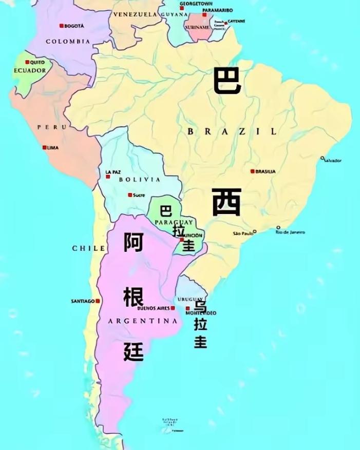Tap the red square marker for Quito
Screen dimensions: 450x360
(x=27, y=62)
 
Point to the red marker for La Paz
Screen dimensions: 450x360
(x=108, y=177)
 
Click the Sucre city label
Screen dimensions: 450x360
(x=139, y=195)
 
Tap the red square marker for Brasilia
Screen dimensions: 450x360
(x=252, y=171)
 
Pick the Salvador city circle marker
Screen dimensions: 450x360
(x=323, y=158)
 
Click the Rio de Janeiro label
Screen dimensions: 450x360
(x=291, y=232)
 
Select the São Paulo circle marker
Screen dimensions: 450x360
(x=255, y=232)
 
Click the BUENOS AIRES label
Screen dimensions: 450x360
(x=154, y=308)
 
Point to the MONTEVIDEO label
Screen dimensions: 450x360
(x=201, y=313)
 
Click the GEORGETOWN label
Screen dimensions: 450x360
(x=196, y=4)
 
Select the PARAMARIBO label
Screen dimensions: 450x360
(x=217, y=10)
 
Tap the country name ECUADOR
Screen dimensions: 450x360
(x=30, y=70)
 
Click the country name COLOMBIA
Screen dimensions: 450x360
(x=68, y=42)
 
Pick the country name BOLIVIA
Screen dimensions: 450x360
(x=140, y=180)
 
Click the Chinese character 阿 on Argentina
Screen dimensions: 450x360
(x=134, y=242)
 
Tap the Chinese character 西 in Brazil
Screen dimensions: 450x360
(x=226, y=202)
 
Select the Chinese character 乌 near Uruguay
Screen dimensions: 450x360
(x=200, y=306)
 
